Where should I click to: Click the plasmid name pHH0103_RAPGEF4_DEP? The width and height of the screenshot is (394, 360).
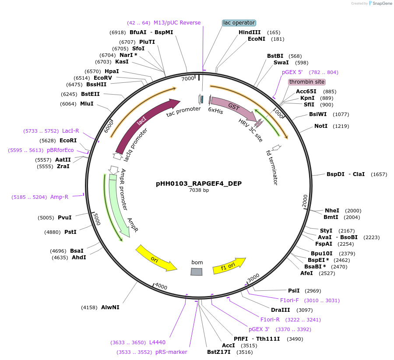point(199,184)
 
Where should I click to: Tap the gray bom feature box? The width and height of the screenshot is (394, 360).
point(197,272)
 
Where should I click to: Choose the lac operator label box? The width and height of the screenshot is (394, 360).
point(239,23)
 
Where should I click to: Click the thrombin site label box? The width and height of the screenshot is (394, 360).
point(306,82)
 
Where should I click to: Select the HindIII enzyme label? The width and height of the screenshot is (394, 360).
point(250,32)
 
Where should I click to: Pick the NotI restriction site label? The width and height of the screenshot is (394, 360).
point(321,126)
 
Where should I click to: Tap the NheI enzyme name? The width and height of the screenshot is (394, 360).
point(332,211)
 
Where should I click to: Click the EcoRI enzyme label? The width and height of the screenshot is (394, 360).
point(68,141)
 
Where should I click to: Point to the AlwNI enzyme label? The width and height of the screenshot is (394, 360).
point(110,307)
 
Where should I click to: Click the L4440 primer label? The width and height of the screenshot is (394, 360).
point(157,342)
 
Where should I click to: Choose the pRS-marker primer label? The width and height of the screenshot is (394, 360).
point(171,352)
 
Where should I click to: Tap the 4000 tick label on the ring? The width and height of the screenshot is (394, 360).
point(161,287)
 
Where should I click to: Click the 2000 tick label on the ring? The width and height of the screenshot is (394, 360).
point(305,201)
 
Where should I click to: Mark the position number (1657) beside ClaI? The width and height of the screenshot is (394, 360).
point(379,174)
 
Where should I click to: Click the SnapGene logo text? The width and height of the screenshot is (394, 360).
point(382,4)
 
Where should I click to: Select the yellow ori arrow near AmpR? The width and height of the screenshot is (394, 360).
point(155,259)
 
